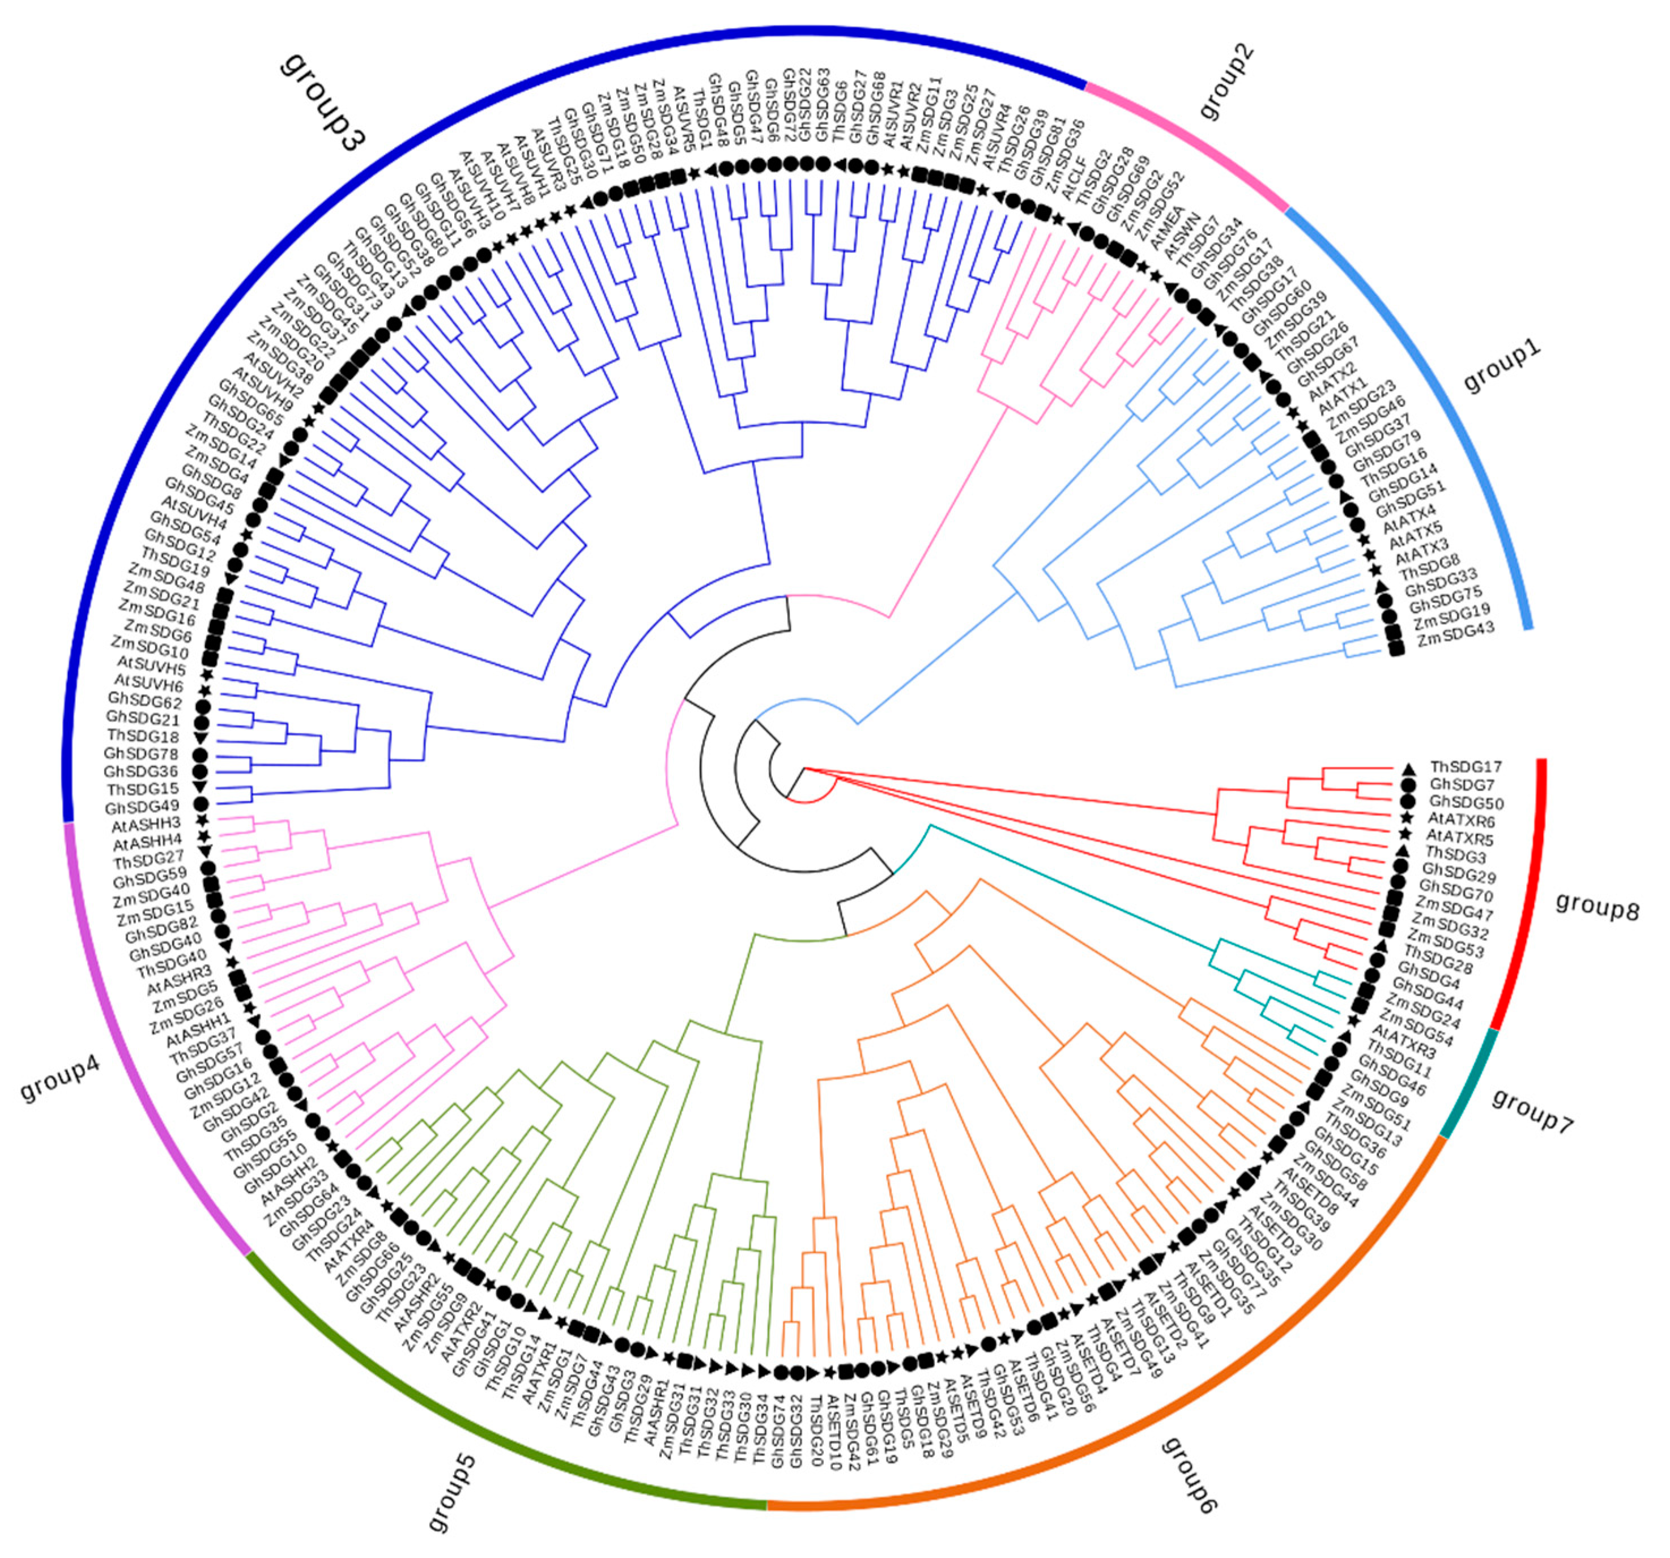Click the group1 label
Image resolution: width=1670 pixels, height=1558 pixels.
click(1503, 367)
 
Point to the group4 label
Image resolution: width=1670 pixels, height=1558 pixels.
click(61, 1079)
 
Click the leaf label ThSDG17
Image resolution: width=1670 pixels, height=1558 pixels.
click(1466, 767)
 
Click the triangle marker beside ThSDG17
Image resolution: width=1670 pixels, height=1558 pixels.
click(1408, 767)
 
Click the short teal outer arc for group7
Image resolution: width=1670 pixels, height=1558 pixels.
click(1470, 1083)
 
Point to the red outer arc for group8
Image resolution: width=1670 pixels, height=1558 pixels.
click(1537, 890)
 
